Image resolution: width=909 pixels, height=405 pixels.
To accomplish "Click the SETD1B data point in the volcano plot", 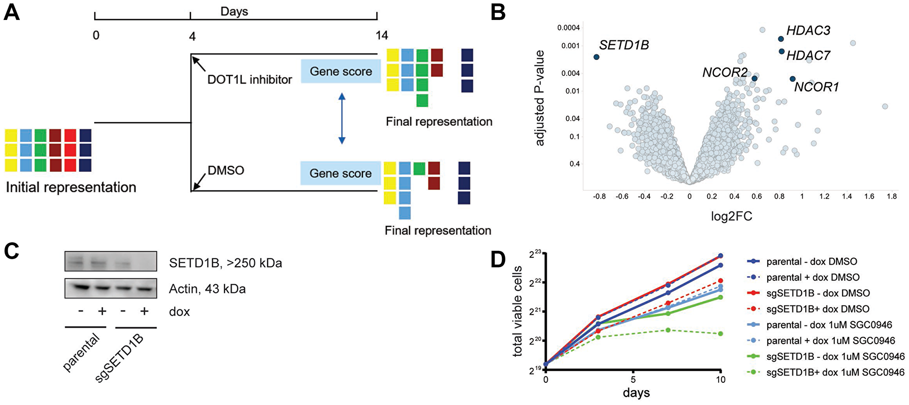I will click(x=596, y=57).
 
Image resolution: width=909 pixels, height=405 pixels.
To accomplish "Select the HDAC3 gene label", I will click(x=808, y=30).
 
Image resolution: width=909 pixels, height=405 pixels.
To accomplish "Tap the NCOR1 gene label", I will click(x=816, y=87).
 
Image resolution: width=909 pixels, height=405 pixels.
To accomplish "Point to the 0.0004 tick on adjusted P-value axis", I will click(x=568, y=28).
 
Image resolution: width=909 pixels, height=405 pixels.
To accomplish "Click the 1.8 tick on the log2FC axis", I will click(x=892, y=196).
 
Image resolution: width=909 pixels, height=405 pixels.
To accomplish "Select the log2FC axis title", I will click(x=731, y=216).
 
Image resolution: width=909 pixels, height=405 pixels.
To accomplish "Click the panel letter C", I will click(x=12, y=251).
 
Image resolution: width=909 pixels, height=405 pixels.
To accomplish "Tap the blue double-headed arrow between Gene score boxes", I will click(x=342, y=119).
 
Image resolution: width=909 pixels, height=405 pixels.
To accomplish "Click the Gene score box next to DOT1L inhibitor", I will click(x=340, y=71).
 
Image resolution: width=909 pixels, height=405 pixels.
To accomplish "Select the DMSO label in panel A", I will click(x=226, y=170).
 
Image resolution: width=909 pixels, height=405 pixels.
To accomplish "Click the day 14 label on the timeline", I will click(x=381, y=35).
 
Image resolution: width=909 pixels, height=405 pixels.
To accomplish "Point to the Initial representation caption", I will click(x=71, y=187).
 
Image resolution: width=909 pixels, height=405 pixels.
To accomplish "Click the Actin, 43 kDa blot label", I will click(x=207, y=289).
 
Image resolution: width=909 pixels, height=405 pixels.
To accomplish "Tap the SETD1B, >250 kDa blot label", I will click(x=225, y=263).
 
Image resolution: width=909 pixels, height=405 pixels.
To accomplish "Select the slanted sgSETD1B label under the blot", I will click(x=120, y=358).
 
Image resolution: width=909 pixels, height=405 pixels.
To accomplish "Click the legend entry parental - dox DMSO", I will click(x=811, y=261).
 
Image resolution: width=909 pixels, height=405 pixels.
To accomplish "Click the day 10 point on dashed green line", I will click(x=720, y=334).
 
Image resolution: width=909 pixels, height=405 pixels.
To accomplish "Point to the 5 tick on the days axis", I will click(x=633, y=380).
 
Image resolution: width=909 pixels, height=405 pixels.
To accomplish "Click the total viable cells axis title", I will click(x=517, y=311).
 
